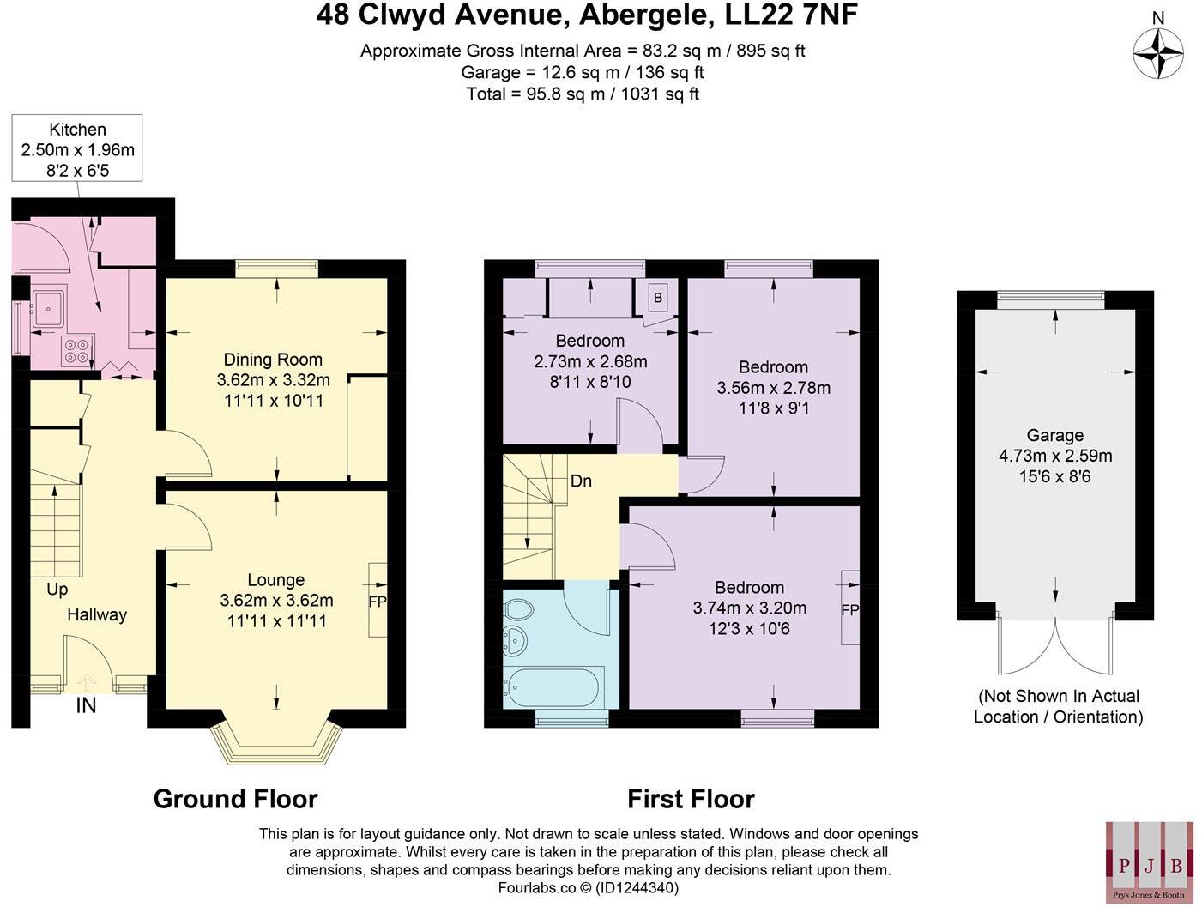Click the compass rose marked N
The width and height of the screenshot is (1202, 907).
click(x=1158, y=53)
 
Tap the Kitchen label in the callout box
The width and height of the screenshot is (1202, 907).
click(x=78, y=130)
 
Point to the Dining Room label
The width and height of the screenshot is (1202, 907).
click(x=273, y=360)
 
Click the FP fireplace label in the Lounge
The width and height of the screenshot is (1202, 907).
click(x=378, y=601)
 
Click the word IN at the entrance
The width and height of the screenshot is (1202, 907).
click(x=86, y=705)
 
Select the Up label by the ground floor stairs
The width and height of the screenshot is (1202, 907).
click(x=57, y=590)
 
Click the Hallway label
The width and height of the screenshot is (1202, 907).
click(x=97, y=614)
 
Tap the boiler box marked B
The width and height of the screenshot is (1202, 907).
click(x=658, y=298)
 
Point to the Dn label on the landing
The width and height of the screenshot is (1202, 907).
click(x=581, y=481)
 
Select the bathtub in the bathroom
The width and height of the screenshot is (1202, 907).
click(x=555, y=686)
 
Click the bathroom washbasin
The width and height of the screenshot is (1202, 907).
click(x=516, y=640)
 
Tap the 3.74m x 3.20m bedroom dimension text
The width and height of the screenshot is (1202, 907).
click(x=749, y=608)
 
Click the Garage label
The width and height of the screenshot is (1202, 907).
click(x=1054, y=435)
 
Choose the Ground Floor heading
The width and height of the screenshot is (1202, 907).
click(x=235, y=799)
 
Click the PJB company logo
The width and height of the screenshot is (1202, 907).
click(x=1149, y=860)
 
